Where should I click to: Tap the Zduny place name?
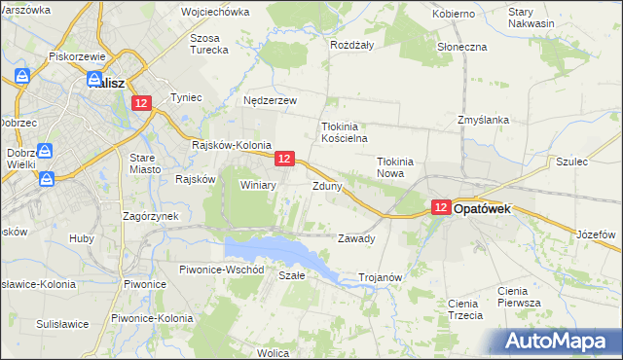pos(326,186)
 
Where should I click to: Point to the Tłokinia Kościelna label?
pos(341,132)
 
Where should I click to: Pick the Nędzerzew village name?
pos(270,100)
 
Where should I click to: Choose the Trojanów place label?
pos(381,277)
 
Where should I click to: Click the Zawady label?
pos(355,238)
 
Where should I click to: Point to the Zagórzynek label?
pos(148,216)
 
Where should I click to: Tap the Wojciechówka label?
pos(215,13)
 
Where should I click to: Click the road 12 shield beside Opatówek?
pos(440,207)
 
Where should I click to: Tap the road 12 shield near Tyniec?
pos(142,103)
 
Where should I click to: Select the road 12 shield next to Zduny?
pos(283,158)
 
